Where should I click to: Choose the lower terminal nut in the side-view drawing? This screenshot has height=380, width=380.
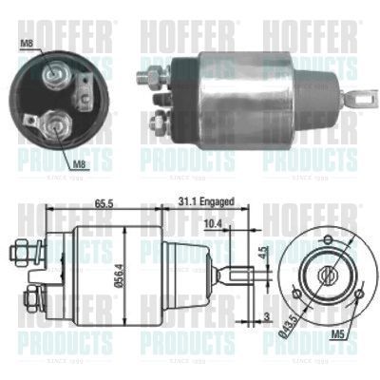(x=31, y=300)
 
